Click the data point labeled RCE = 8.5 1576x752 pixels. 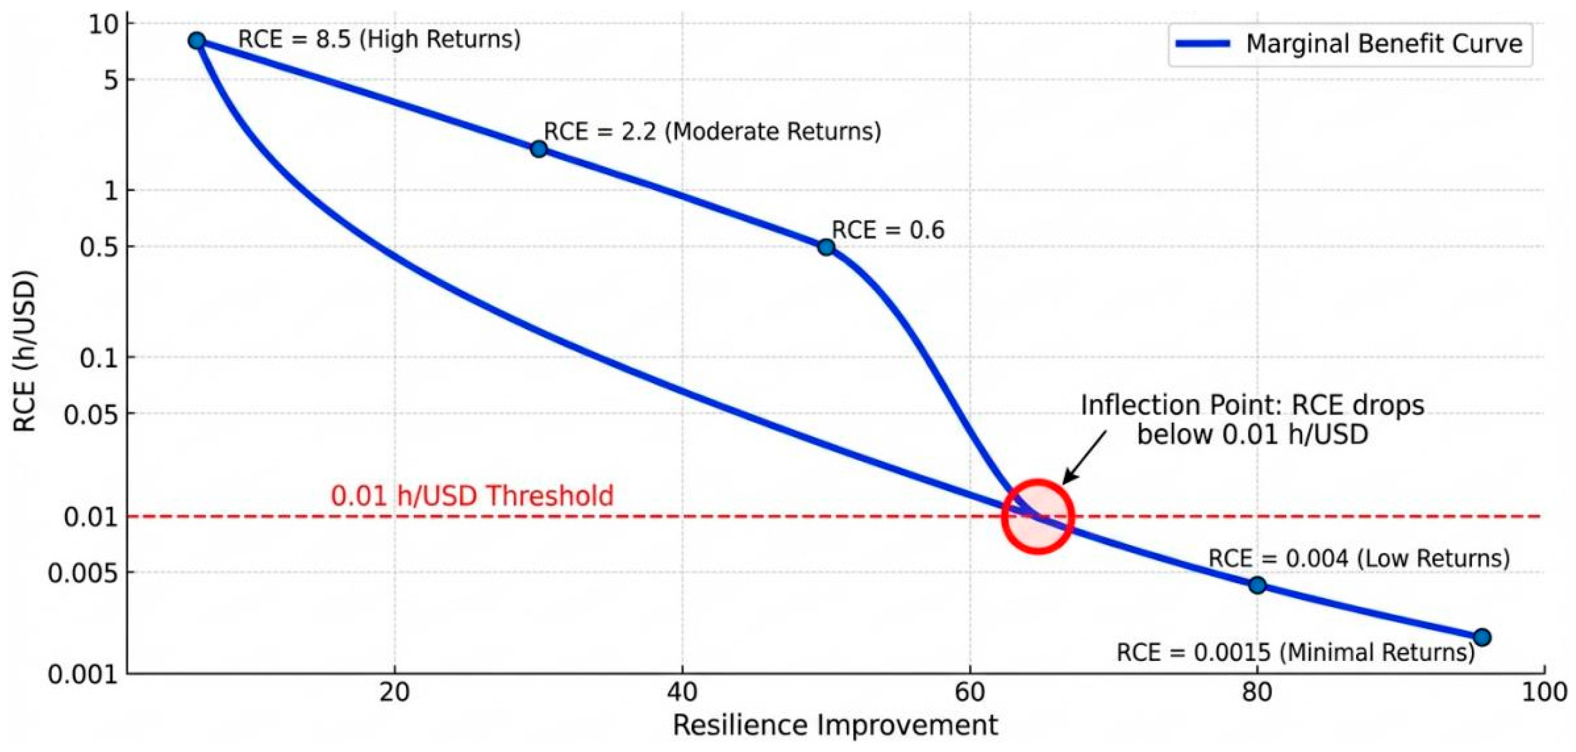click(196, 41)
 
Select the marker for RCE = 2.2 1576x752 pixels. click(538, 148)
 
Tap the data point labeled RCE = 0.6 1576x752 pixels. click(826, 247)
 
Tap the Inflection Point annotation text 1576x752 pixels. click(1252, 419)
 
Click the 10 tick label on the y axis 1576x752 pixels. click(103, 25)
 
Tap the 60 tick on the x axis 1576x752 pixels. click(970, 693)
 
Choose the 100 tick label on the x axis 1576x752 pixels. click(1545, 693)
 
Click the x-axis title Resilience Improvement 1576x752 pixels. click(835, 725)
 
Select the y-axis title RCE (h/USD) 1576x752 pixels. click(25, 350)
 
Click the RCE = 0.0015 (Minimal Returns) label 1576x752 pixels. click(1295, 652)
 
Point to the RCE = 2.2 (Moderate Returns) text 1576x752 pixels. click(713, 132)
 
